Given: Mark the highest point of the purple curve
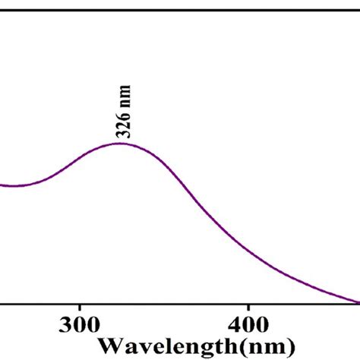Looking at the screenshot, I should coord(120,143).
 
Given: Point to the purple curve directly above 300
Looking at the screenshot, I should coord(80,159).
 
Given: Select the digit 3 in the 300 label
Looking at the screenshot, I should coord(65,326).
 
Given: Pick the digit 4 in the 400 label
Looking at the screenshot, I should coord(233,326).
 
